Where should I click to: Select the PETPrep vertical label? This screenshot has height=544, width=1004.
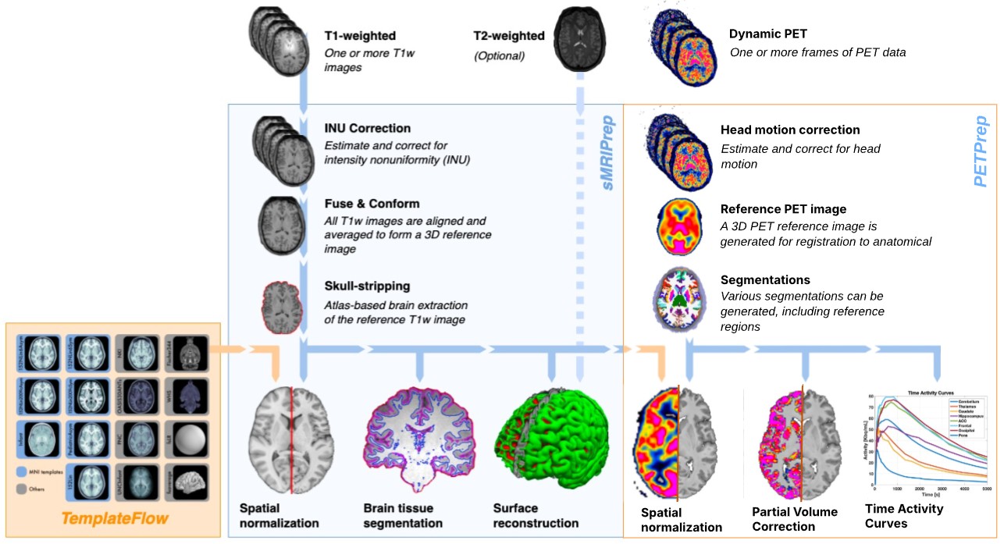pyautogui.click(x=981, y=151)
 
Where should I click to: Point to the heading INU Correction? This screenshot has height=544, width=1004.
pyautogui.click(x=368, y=128)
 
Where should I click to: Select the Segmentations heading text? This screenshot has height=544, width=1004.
pyautogui.click(x=765, y=279)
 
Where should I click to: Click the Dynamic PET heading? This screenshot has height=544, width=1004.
pyautogui.click(x=767, y=34)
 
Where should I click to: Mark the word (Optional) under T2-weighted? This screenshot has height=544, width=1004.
pyautogui.click(x=499, y=56)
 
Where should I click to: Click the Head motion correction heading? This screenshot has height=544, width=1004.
pyautogui.click(x=790, y=130)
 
